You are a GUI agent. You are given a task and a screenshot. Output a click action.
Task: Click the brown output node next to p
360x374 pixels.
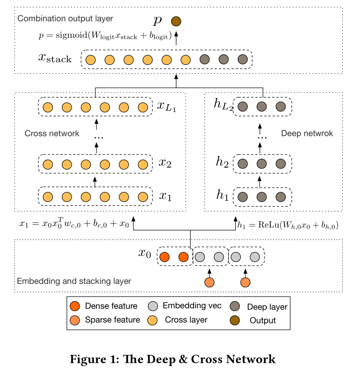tap(176, 21)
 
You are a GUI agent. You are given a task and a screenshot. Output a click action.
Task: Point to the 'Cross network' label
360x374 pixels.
tap(52, 134)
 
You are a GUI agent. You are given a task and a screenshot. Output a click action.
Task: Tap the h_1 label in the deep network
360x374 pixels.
tap(222, 197)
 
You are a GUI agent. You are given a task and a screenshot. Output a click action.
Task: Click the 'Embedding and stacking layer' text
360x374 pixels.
tap(74, 281)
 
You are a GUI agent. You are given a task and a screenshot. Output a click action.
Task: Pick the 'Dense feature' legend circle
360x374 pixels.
tap(74, 306)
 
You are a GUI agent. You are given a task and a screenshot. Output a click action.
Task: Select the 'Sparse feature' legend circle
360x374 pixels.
tap(74, 320)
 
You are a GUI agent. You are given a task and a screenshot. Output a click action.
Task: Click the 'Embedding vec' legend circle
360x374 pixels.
tap(152, 306)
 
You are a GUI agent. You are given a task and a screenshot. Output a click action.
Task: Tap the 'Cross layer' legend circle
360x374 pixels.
tap(152, 320)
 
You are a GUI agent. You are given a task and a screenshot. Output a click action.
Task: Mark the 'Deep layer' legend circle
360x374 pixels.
tap(235, 306)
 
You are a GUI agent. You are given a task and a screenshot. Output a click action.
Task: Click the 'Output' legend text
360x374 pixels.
tap(263, 321)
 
